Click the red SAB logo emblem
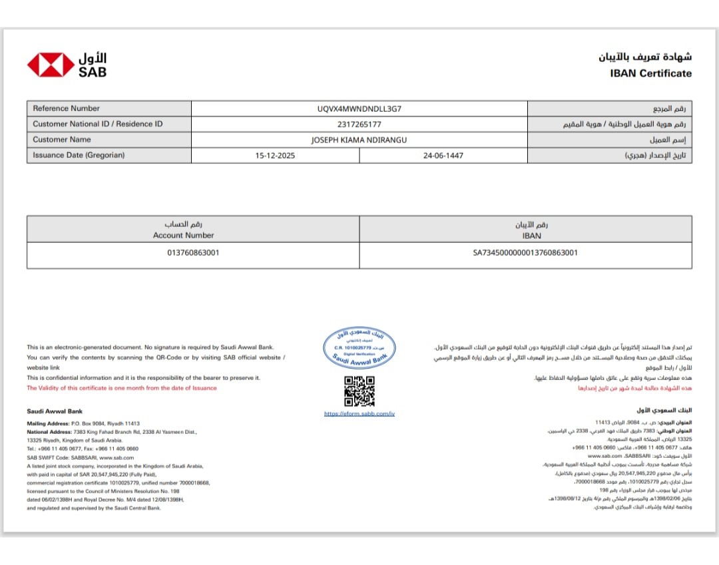(x=51, y=65)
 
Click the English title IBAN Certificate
(x=650, y=73)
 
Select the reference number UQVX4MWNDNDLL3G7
(x=359, y=108)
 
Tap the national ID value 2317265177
(x=359, y=124)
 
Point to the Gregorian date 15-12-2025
(x=275, y=156)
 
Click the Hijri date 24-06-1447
(x=443, y=156)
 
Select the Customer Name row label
(x=62, y=140)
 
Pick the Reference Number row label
(x=66, y=108)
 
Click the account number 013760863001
(x=193, y=253)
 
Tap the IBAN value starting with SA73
(x=525, y=253)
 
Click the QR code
(x=359, y=391)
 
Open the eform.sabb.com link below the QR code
(x=359, y=414)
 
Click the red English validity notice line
(x=121, y=388)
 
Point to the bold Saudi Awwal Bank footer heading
(x=55, y=411)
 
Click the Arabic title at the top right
(x=644, y=57)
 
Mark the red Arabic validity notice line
(x=634, y=388)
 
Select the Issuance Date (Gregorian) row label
(x=79, y=156)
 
